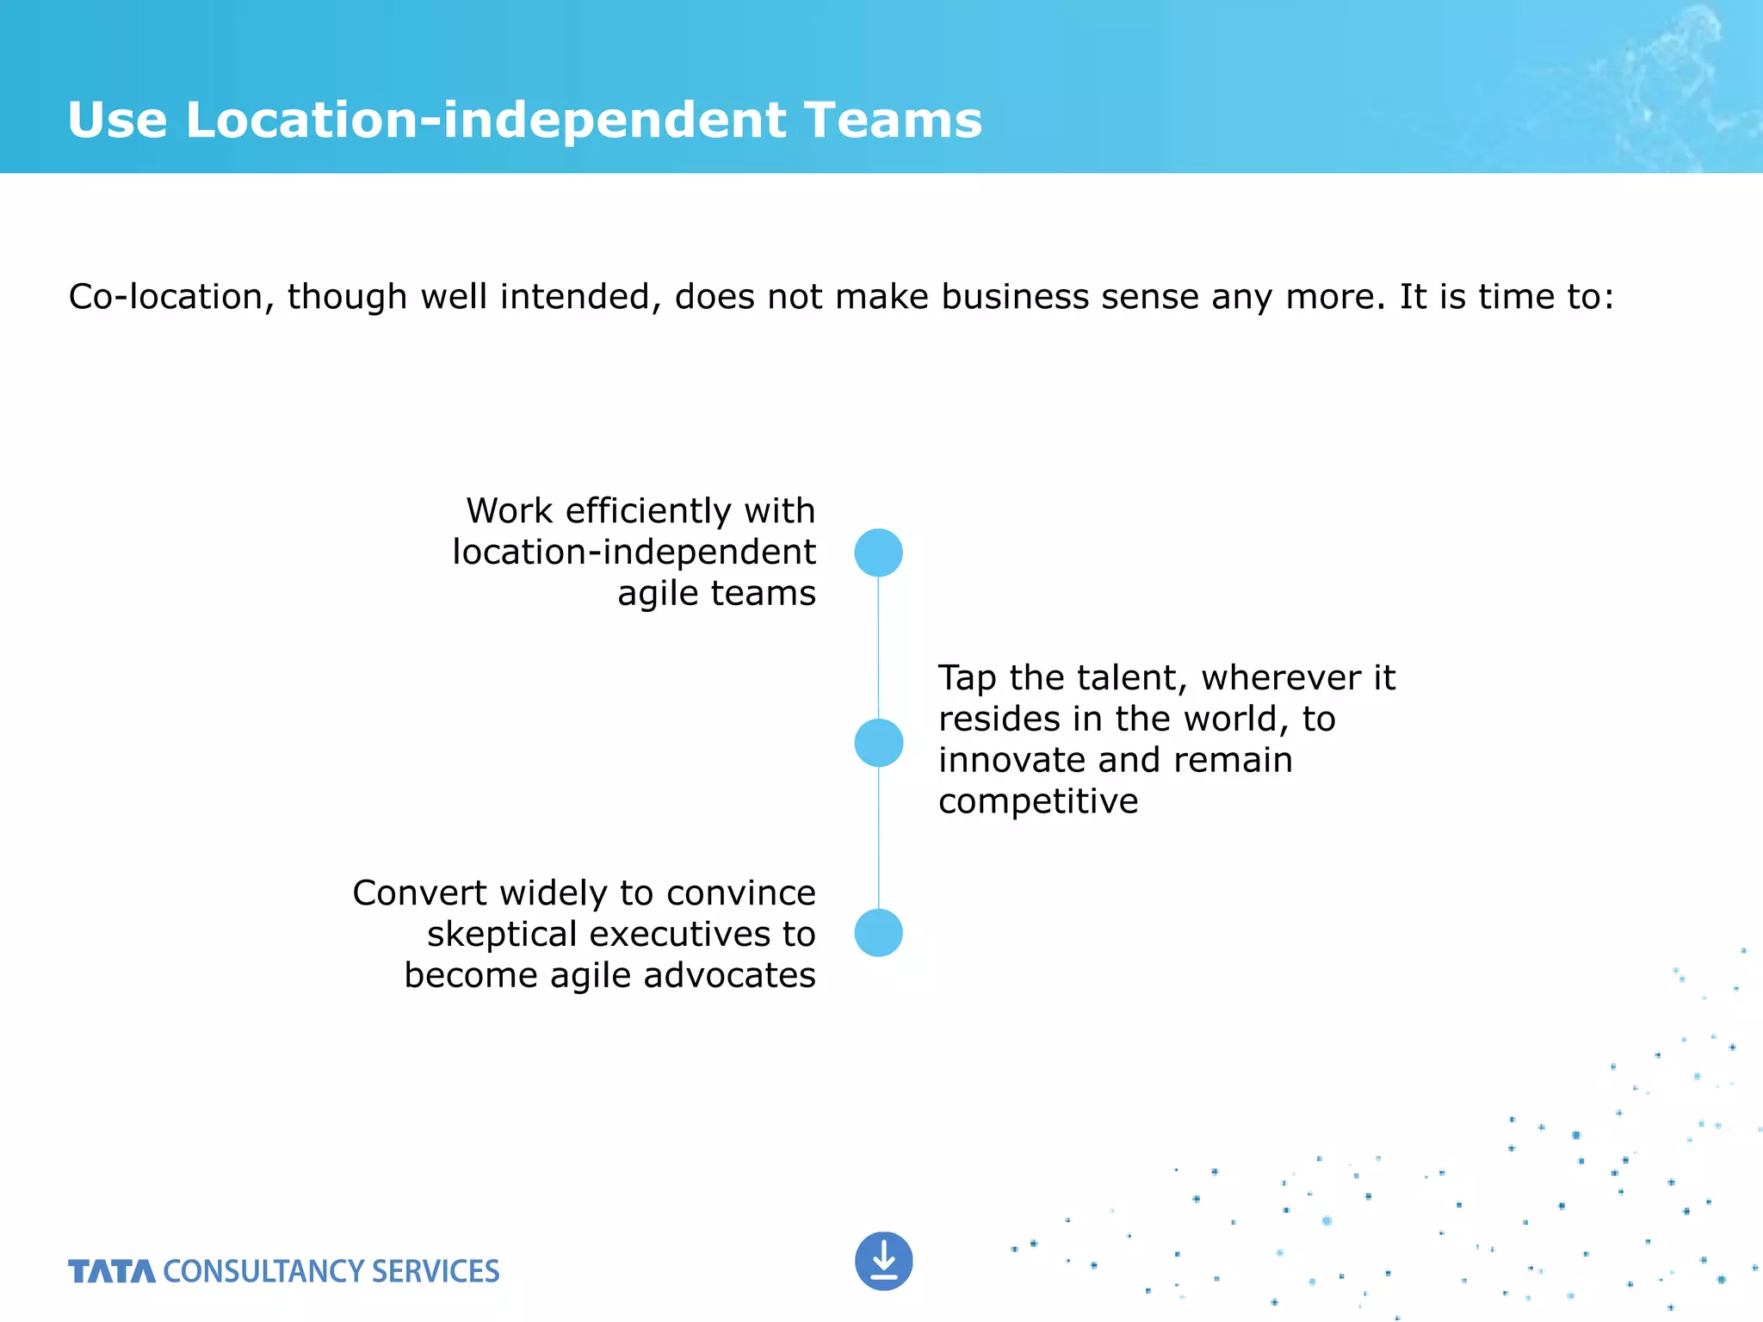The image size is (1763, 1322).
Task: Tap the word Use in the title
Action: pyautogui.click(x=117, y=120)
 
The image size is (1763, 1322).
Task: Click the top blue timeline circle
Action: pyautogui.click(x=878, y=553)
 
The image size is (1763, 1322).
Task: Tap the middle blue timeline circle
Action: pyautogui.click(x=878, y=743)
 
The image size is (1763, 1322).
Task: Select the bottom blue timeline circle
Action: pyautogui.click(x=878, y=933)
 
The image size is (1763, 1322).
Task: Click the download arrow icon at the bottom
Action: pyautogui.click(x=883, y=1262)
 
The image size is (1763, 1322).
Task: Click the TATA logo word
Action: pyautogui.click(x=112, y=1271)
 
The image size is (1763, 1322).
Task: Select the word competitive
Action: pyautogui.click(x=1038, y=802)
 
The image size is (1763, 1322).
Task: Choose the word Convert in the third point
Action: pyautogui.click(x=419, y=893)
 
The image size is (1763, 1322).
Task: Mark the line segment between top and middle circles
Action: pyautogui.click(x=878, y=647)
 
